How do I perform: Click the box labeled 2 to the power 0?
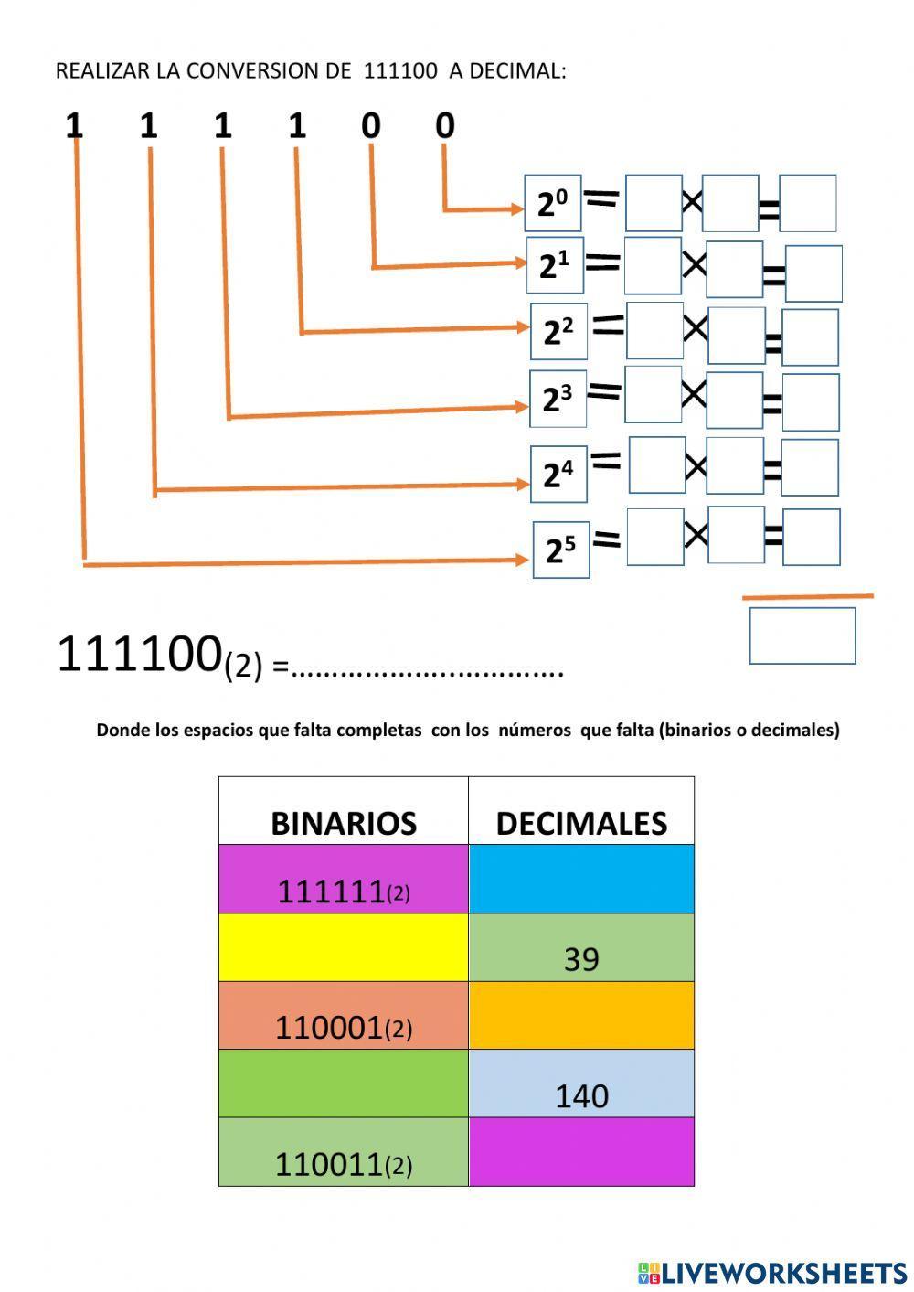(552, 204)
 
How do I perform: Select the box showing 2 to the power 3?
(558, 400)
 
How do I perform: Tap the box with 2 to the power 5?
(561, 550)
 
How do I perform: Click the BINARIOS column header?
(344, 810)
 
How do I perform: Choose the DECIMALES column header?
(581, 810)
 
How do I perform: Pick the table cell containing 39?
(581, 947)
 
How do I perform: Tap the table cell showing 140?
(581, 1084)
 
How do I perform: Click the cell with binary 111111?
(344, 879)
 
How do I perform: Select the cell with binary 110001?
(344, 1016)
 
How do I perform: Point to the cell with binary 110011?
(344, 1152)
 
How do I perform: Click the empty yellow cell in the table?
(344, 947)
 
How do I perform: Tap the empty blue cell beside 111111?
(581, 879)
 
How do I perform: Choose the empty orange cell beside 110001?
(581, 1016)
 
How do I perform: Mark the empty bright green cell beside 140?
(344, 1084)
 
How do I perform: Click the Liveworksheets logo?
(772, 1271)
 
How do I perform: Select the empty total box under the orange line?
(802, 635)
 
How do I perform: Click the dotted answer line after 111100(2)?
(428, 673)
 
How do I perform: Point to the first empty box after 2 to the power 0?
(654, 203)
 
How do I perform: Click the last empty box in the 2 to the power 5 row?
(812, 537)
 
